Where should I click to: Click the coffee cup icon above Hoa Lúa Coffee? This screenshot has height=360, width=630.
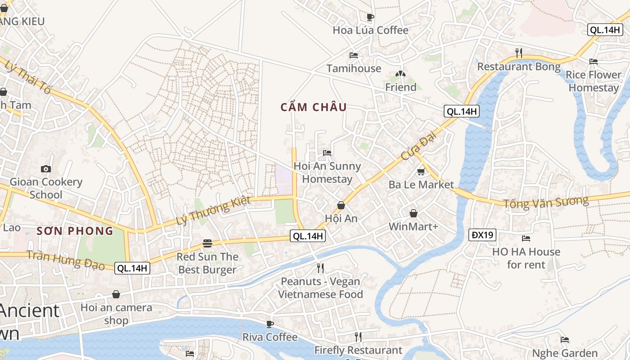370,18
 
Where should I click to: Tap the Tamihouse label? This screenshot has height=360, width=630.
354,68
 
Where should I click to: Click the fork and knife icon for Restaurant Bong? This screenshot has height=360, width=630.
519,53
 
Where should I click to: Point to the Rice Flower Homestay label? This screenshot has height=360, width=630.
594,81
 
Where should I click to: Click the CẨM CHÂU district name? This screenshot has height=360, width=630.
314,107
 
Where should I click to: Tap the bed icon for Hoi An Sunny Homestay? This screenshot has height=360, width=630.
327,153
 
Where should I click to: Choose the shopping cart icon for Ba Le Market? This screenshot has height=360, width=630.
421,171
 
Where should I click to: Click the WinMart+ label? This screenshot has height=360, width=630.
413,226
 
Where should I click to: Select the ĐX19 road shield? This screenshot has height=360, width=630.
482,234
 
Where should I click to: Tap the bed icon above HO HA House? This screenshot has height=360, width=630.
526,238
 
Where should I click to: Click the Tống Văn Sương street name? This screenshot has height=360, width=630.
545,202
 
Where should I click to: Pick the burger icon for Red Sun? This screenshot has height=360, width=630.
207,243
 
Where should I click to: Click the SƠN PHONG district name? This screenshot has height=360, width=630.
75,231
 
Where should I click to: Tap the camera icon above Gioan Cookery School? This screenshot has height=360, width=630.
46,169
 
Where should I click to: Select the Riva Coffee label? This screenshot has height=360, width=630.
270,337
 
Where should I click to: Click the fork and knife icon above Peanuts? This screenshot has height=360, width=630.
320,268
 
